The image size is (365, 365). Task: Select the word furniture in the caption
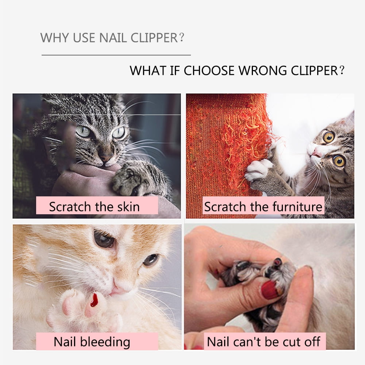pos(293,207)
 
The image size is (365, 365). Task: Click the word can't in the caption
pos(250,342)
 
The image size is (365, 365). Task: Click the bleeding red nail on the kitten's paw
pos(94,300)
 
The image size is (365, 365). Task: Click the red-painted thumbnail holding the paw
pos(270,290)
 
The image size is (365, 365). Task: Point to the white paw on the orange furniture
pos(258,170)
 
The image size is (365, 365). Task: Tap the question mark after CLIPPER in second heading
pos(342,70)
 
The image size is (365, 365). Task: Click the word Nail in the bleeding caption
pos(65,342)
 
